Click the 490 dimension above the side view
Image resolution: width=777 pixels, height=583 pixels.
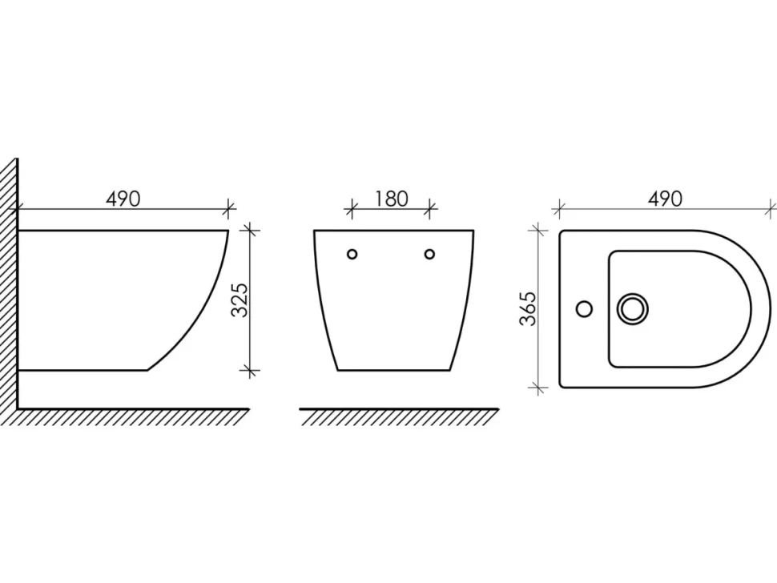coord(123,199)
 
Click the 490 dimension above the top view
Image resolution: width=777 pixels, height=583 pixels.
coord(665,199)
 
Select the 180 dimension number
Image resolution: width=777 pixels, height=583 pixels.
coord(391,199)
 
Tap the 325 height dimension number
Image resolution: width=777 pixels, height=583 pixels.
coord(240,300)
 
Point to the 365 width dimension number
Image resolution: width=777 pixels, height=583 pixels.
coord(528,308)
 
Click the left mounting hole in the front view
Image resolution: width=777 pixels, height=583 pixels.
coord(352,254)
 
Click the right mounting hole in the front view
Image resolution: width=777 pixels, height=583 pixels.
coord(429,254)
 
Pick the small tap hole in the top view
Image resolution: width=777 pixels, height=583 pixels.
coord(585,309)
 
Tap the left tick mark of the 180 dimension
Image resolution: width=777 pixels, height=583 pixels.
coord(352,209)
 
